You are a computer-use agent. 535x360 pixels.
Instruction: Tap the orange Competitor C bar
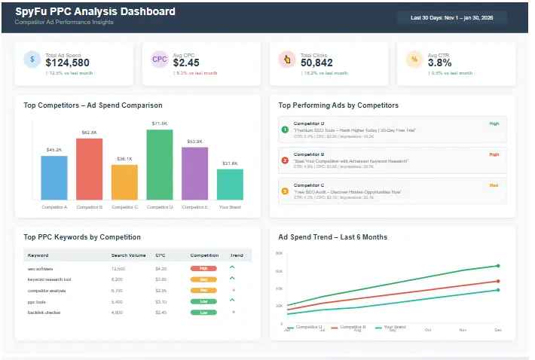click(124, 182)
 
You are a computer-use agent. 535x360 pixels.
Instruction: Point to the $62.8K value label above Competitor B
click(89, 133)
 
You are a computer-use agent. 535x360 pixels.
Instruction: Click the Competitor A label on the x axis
click(53, 206)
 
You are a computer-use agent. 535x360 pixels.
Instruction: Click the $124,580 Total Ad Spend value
click(67, 63)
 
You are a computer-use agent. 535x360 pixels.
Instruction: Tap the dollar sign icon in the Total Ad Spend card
click(32, 59)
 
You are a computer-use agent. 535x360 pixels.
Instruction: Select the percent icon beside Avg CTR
click(414, 59)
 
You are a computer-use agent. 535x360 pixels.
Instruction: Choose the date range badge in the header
click(453, 17)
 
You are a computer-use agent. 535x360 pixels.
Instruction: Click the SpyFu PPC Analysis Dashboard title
click(95, 12)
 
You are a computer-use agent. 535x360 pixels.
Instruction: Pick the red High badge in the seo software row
click(203, 268)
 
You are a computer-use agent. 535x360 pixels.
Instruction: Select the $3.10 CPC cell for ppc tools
click(160, 301)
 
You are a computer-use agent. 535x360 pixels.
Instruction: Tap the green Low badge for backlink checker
click(203, 312)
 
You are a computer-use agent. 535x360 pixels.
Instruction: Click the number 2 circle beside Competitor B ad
click(285, 160)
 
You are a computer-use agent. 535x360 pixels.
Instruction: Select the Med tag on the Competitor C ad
click(494, 185)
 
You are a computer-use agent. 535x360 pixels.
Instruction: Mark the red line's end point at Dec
click(498, 281)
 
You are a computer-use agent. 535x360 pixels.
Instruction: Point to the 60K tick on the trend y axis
click(279, 271)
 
